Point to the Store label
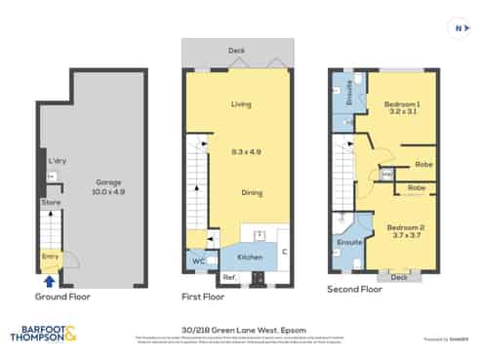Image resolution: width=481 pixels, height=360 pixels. (50, 202)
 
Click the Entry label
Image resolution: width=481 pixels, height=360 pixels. (49, 256)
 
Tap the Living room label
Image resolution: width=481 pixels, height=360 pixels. (241, 104)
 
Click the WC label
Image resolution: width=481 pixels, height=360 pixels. (198, 260)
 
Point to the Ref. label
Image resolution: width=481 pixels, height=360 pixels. (229, 278)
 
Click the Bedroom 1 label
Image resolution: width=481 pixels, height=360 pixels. (400, 104)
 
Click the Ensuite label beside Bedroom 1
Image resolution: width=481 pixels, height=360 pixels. (348, 94)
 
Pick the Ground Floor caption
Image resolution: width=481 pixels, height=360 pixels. (63, 296)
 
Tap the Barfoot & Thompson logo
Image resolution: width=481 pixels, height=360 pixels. (45, 335)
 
